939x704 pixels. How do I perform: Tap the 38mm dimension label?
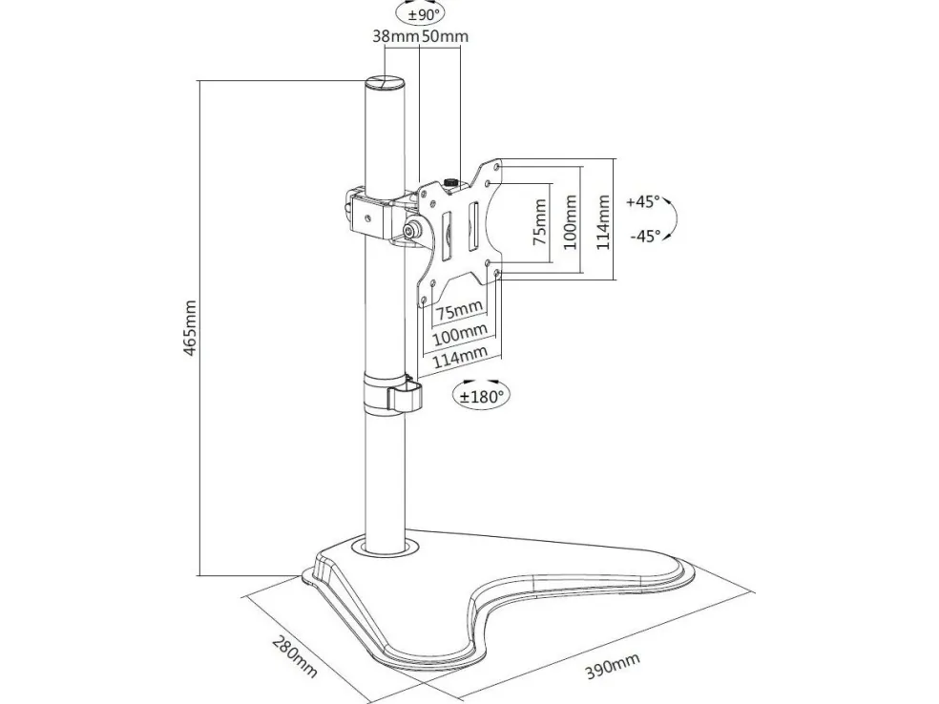394,37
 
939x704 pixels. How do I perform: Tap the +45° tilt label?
643,202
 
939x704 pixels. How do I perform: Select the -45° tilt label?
643,237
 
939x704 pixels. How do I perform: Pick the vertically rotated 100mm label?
571,221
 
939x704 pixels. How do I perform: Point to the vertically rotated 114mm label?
602,221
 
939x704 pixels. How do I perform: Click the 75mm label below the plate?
459,310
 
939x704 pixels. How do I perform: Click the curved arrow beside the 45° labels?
674,218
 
